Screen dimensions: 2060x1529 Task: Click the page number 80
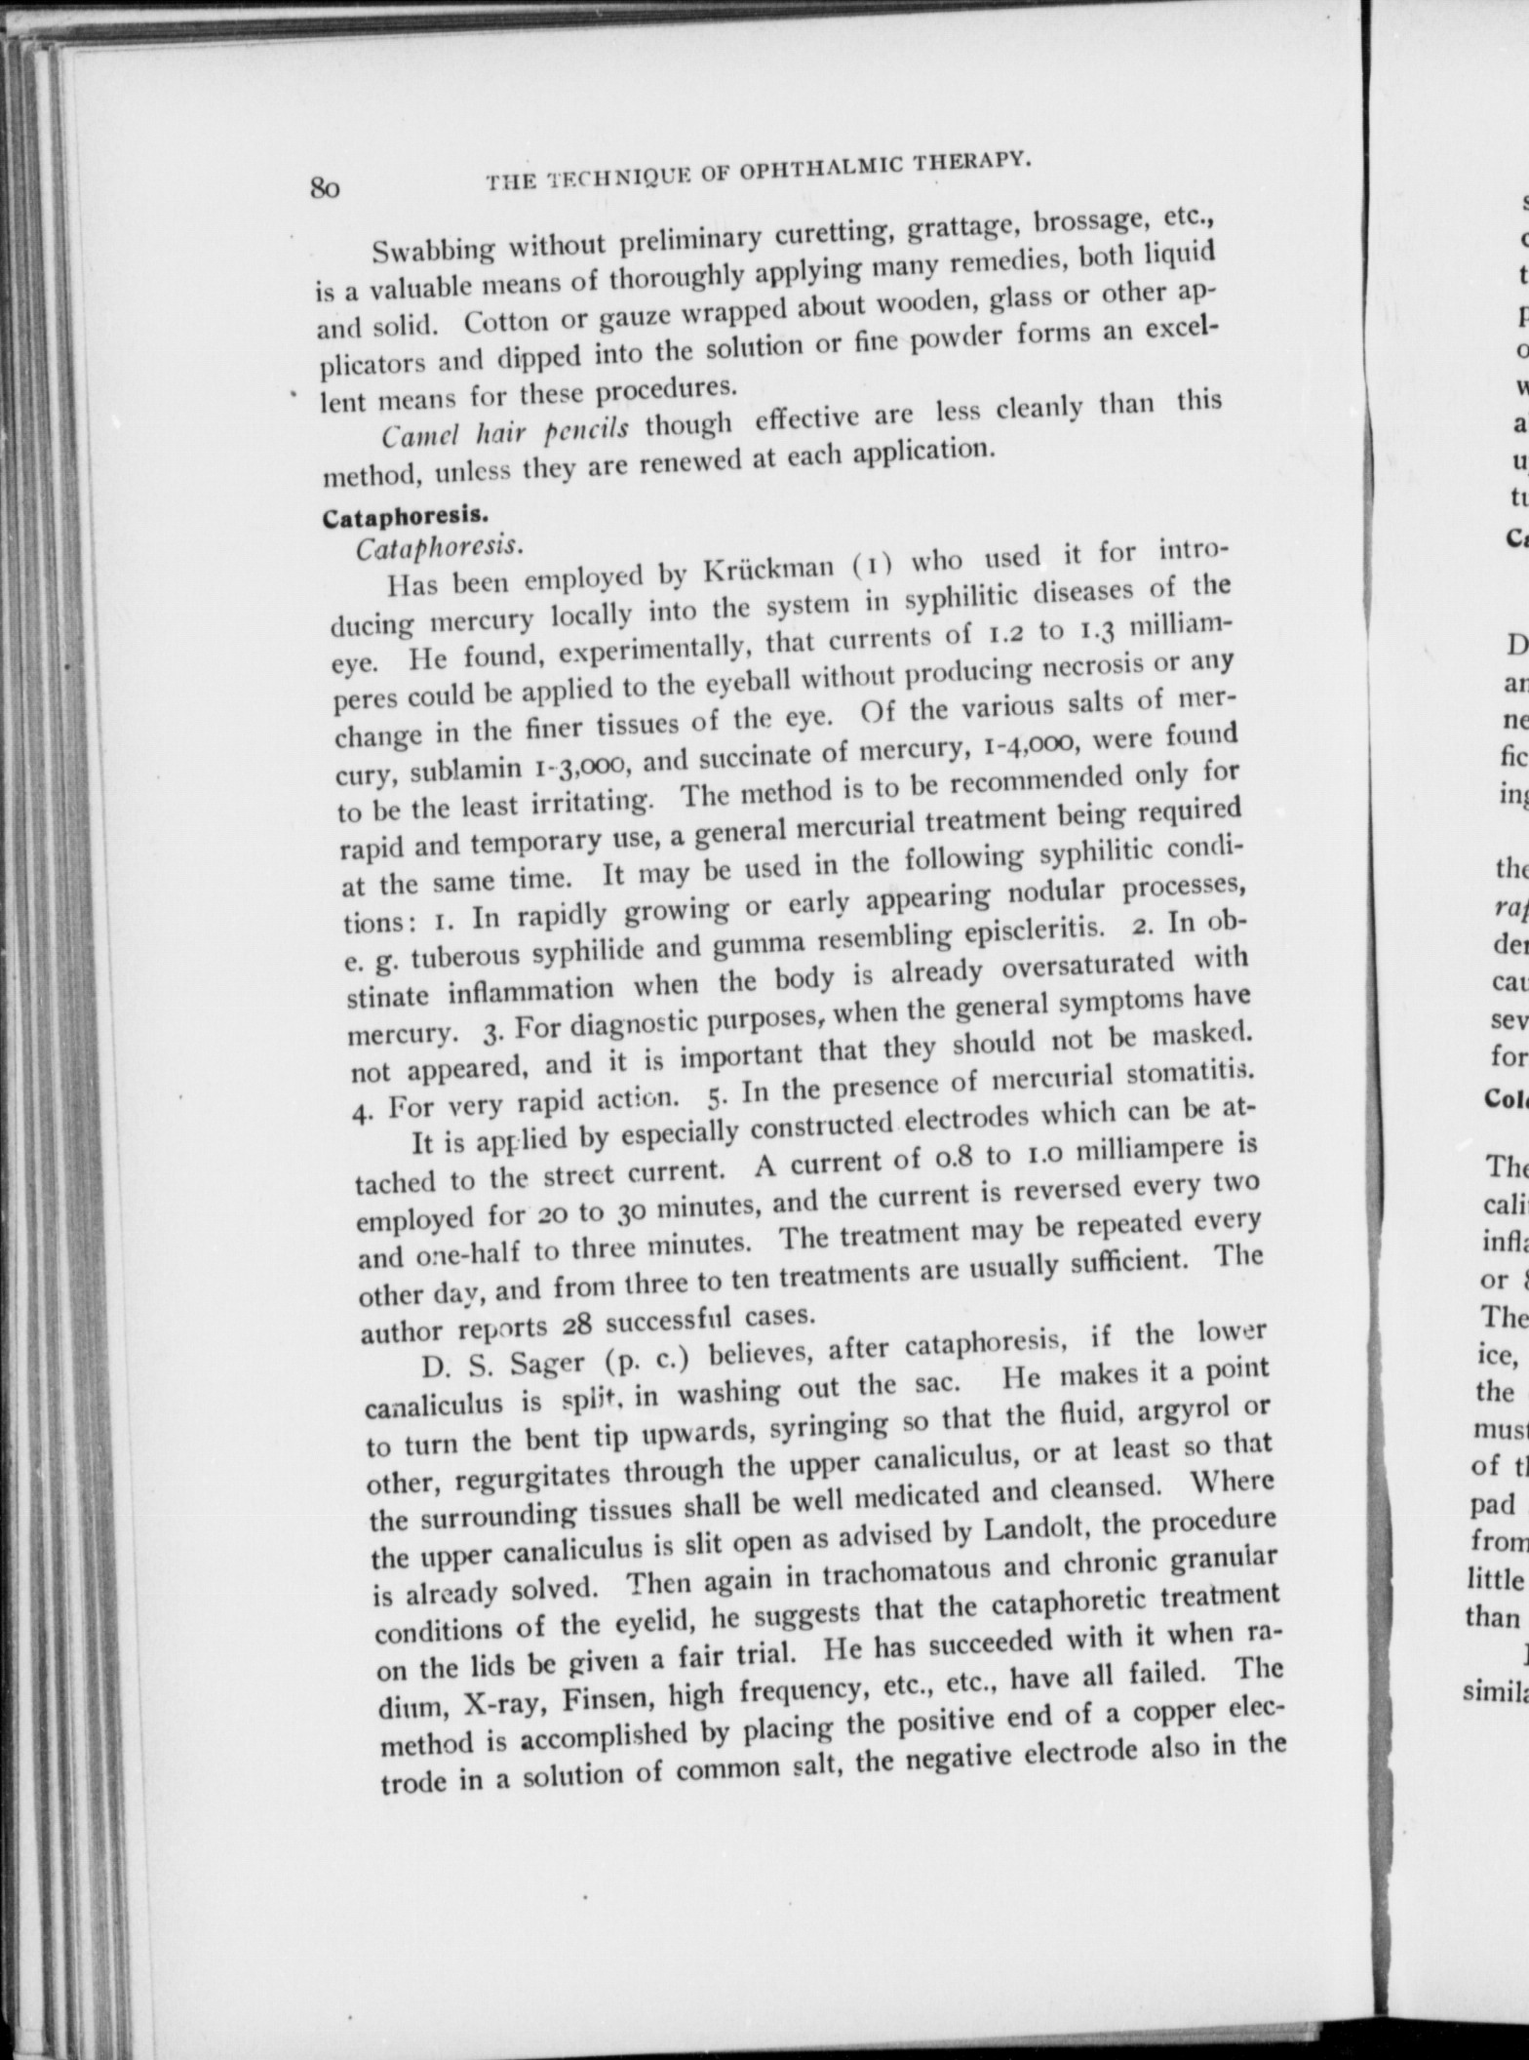click(x=325, y=187)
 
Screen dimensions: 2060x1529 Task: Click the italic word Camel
click(x=416, y=435)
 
